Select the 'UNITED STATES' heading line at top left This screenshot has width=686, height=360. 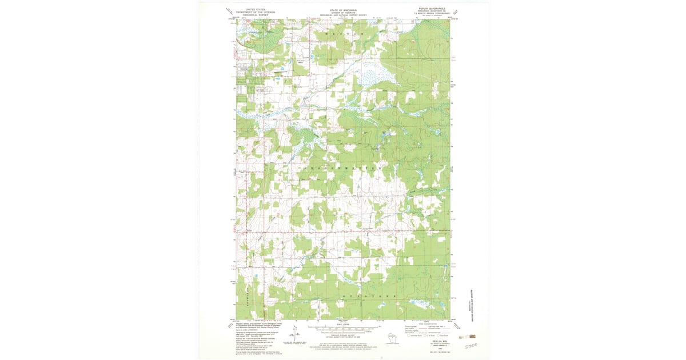click(255, 10)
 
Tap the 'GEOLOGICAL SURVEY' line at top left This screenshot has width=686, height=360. click(255, 17)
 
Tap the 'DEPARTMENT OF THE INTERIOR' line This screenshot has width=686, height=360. click(255, 13)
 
